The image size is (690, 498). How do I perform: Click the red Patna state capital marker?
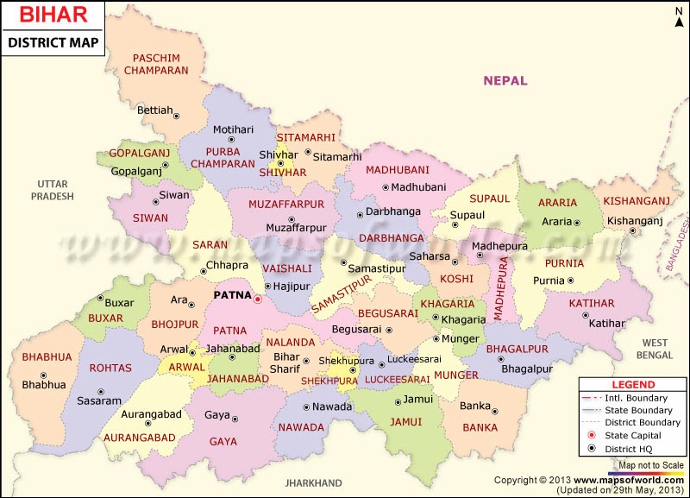(x=257, y=299)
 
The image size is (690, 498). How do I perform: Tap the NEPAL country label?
(x=505, y=80)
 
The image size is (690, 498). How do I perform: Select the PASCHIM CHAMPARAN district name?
(x=155, y=64)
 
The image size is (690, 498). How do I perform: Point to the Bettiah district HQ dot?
(x=177, y=115)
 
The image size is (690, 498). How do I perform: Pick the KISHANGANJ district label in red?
(x=637, y=201)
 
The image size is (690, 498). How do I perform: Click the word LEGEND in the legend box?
(x=633, y=384)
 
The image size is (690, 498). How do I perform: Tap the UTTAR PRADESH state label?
(x=53, y=190)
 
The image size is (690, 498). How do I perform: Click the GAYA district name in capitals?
(x=223, y=441)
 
